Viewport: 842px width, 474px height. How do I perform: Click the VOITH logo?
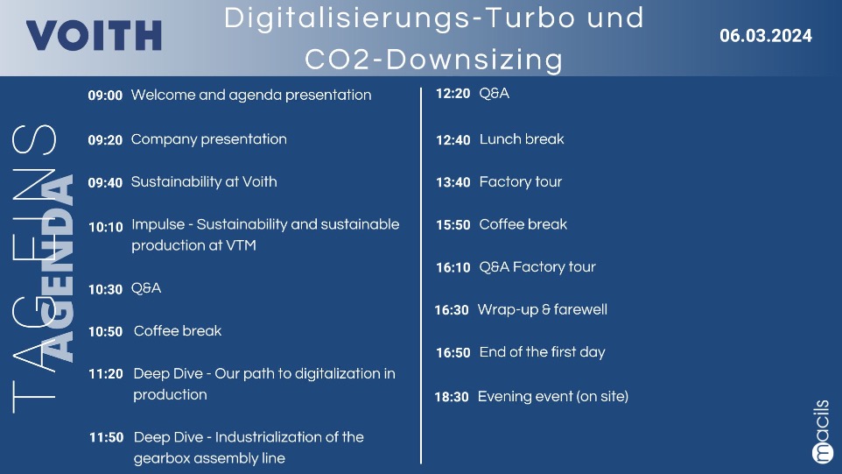click(94, 35)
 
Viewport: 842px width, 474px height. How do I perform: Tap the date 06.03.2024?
click(766, 36)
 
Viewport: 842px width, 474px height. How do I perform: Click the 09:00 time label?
click(105, 96)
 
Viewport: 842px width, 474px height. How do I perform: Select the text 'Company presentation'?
click(209, 139)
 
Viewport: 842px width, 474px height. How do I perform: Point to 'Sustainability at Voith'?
click(204, 181)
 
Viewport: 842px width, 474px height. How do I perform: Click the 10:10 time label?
click(106, 227)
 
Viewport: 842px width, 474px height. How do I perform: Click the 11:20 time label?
click(106, 374)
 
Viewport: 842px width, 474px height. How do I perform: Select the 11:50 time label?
click(106, 437)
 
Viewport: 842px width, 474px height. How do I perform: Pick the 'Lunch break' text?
click(522, 139)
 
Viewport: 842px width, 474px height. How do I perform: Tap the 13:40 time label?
click(453, 183)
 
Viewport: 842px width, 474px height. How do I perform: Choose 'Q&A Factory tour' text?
click(537, 267)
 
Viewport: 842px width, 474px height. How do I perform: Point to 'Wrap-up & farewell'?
click(543, 309)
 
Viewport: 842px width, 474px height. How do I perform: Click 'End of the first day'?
click(542, 352)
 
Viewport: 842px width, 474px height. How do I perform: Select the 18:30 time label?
click(452, 397)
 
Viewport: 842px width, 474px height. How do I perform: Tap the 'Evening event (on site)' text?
click(553, 397)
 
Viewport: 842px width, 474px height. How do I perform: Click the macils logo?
click(821, 432)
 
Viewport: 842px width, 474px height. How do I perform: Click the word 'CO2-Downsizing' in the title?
click(434, 59)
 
